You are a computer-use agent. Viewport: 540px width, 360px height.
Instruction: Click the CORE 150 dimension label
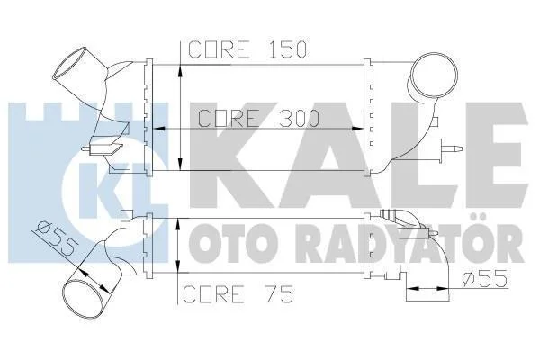tap(247, 49)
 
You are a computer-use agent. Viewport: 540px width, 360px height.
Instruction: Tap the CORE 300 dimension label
tap(259, 118)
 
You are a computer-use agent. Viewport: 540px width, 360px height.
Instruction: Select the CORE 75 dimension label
tap(238, 294)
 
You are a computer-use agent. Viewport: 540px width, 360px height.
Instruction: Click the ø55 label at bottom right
tap(485, 278)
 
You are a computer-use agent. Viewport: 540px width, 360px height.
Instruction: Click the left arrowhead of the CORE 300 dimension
tap(157, 129)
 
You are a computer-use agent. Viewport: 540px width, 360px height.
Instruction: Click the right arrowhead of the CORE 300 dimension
tap(357, 129)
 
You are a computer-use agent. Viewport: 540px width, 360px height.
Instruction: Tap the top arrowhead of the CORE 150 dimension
tap(180, 71)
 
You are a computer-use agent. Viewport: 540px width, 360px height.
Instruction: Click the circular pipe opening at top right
tap(436, 75)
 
